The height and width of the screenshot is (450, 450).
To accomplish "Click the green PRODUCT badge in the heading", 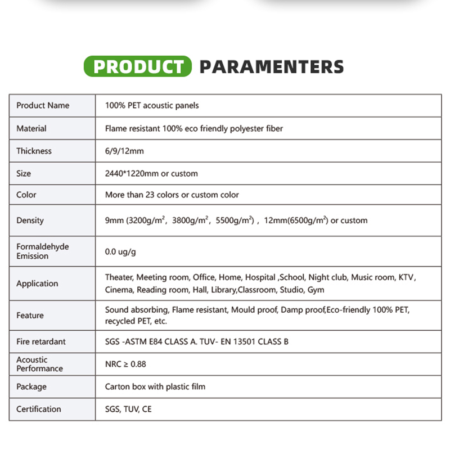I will click(x=138, y=67).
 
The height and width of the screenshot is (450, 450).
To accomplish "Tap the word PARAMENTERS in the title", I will click(x=272, y=67).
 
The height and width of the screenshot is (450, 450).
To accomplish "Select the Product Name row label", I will click(x=43, y=105).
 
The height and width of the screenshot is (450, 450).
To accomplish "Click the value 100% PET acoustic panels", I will click(x=152, y=105).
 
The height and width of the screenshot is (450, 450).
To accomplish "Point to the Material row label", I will click(x=31, y=128).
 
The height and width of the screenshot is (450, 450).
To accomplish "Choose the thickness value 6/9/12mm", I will click(x=124, y=151).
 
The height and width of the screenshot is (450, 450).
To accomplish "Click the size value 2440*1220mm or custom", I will click(x=151, y=173).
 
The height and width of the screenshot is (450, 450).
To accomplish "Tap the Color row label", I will click(x=26, y=195).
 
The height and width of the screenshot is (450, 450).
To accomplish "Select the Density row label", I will click(x=30, y=220).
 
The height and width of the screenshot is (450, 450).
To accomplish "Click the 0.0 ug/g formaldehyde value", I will click(x=120, y=251).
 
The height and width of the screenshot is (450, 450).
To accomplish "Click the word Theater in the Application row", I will click(x=119, y=277).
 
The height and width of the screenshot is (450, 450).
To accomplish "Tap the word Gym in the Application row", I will click(x=316, y=290).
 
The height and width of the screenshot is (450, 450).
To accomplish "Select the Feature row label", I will click(x=30, y=316).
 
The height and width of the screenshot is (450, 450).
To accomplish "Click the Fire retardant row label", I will click(x=41, y=341).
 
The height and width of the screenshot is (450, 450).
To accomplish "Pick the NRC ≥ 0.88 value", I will click(x=125, y=364).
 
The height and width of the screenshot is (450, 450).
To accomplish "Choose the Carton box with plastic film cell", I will click(x=155, y=386).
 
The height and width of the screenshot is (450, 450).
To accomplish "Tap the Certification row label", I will click(x=39, y=409).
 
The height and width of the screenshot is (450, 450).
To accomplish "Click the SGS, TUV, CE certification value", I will click(x=128, y=409).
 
